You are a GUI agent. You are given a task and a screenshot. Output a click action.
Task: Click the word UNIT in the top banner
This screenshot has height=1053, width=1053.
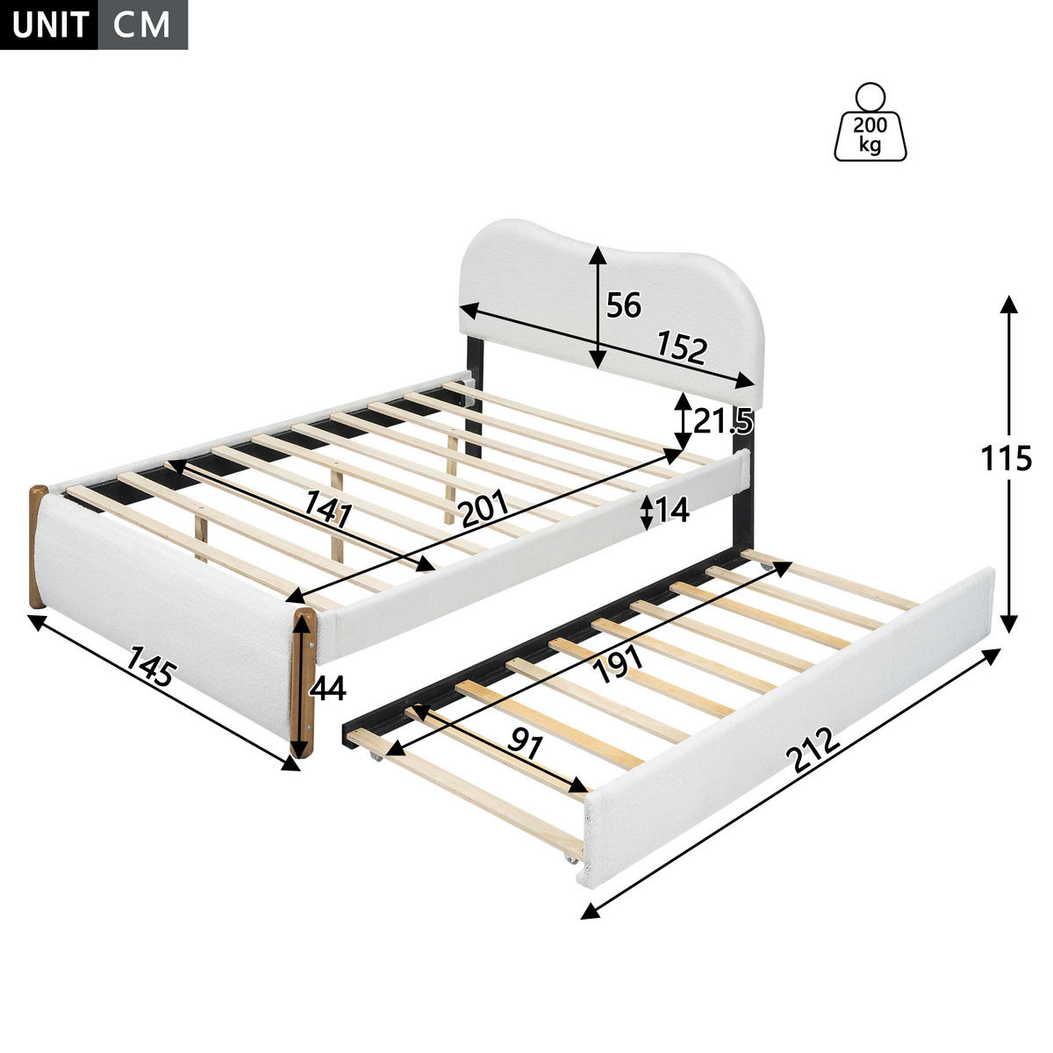[x=50, y=25]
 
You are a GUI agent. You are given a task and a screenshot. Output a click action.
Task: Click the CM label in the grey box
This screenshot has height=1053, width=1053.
[x=142, y=25]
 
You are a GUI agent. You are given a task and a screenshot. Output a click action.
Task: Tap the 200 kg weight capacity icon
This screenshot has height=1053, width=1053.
[x=870, y=122]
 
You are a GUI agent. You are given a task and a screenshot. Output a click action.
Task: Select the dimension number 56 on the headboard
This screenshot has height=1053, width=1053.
[x=624, y=304]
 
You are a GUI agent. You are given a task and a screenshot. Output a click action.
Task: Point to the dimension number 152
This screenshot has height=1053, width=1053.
[x=682, y=347]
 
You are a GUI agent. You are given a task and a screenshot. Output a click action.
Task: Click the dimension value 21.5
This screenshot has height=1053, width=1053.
[x=723, y=421]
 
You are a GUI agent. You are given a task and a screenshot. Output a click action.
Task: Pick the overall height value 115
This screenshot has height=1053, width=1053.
[x=1006, y=457]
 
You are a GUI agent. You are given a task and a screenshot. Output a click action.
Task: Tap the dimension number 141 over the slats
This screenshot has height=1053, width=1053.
[x=328, y=508]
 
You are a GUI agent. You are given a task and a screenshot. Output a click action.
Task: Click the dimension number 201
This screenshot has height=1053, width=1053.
[x=483, y=508]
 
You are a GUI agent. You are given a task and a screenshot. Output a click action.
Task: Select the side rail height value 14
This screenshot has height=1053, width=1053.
[x=671, y=510]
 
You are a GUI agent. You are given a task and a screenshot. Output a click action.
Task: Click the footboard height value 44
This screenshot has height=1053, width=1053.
[x=328, y=688]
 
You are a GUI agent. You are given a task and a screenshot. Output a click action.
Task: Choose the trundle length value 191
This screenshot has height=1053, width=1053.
[x=619, y=663]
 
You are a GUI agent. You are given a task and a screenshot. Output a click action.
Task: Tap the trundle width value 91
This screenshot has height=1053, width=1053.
[x=525, y=744]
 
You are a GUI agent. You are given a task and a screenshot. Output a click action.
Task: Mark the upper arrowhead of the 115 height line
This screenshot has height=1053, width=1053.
[x=1009, y=304]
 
